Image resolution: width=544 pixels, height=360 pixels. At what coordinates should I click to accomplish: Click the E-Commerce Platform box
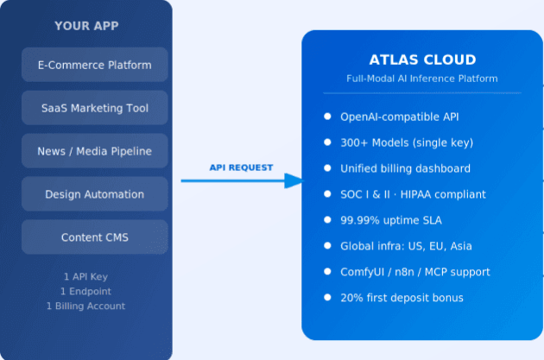coord(95,65)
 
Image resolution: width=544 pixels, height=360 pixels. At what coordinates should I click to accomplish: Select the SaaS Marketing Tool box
coord(95,108)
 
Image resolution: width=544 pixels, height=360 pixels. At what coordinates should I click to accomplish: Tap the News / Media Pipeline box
coord(95,151)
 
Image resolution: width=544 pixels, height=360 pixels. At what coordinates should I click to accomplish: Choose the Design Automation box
coord(95,194)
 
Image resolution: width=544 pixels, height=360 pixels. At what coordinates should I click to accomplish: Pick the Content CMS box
coord(95,237)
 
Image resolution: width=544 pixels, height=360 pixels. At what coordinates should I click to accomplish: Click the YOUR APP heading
coord(86,26)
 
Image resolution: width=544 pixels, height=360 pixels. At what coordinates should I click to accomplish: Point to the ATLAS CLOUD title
coord(422,60)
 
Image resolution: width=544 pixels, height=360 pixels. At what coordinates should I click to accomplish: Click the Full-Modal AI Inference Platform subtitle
coord(422,79)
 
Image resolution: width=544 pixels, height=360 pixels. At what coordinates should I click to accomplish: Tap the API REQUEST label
coord(241,167)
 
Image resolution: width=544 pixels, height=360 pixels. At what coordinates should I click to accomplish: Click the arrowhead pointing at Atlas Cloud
coord(294,180)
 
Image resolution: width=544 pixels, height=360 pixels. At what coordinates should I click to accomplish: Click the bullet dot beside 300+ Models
coord(327,142)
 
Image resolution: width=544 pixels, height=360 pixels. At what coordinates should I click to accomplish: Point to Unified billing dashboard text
coord(405,168)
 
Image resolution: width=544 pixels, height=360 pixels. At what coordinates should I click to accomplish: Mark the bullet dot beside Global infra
coord(327,245)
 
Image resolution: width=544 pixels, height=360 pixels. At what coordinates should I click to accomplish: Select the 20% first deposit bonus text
coord(402,298)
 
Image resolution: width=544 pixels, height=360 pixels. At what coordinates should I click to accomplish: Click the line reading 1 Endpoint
coord(91,291)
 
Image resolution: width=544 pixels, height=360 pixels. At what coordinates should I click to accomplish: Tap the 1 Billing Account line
coord(86,306)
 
